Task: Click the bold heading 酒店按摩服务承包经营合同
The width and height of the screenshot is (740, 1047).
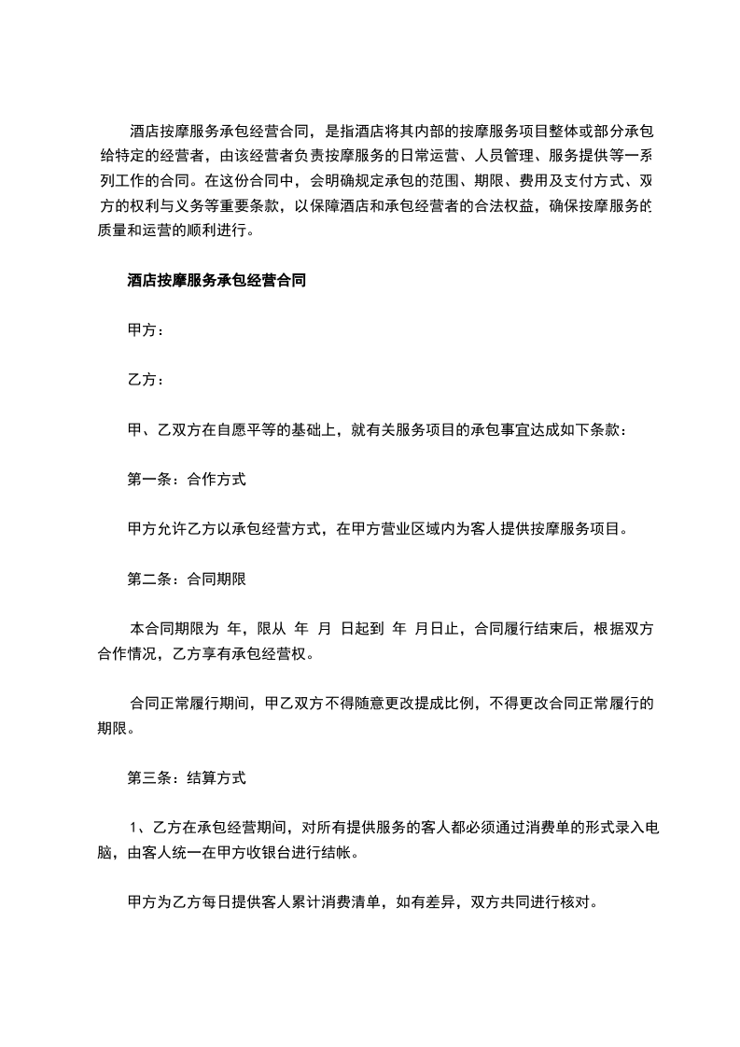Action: [x=216, y=279]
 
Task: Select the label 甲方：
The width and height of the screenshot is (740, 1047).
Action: [x=147, y=329]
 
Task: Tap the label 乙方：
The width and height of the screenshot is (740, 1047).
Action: [x=147, y=380]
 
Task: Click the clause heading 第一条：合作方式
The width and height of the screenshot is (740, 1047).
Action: [x=186, y=480]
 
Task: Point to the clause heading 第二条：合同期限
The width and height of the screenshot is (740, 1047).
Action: [x=186, y=579]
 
